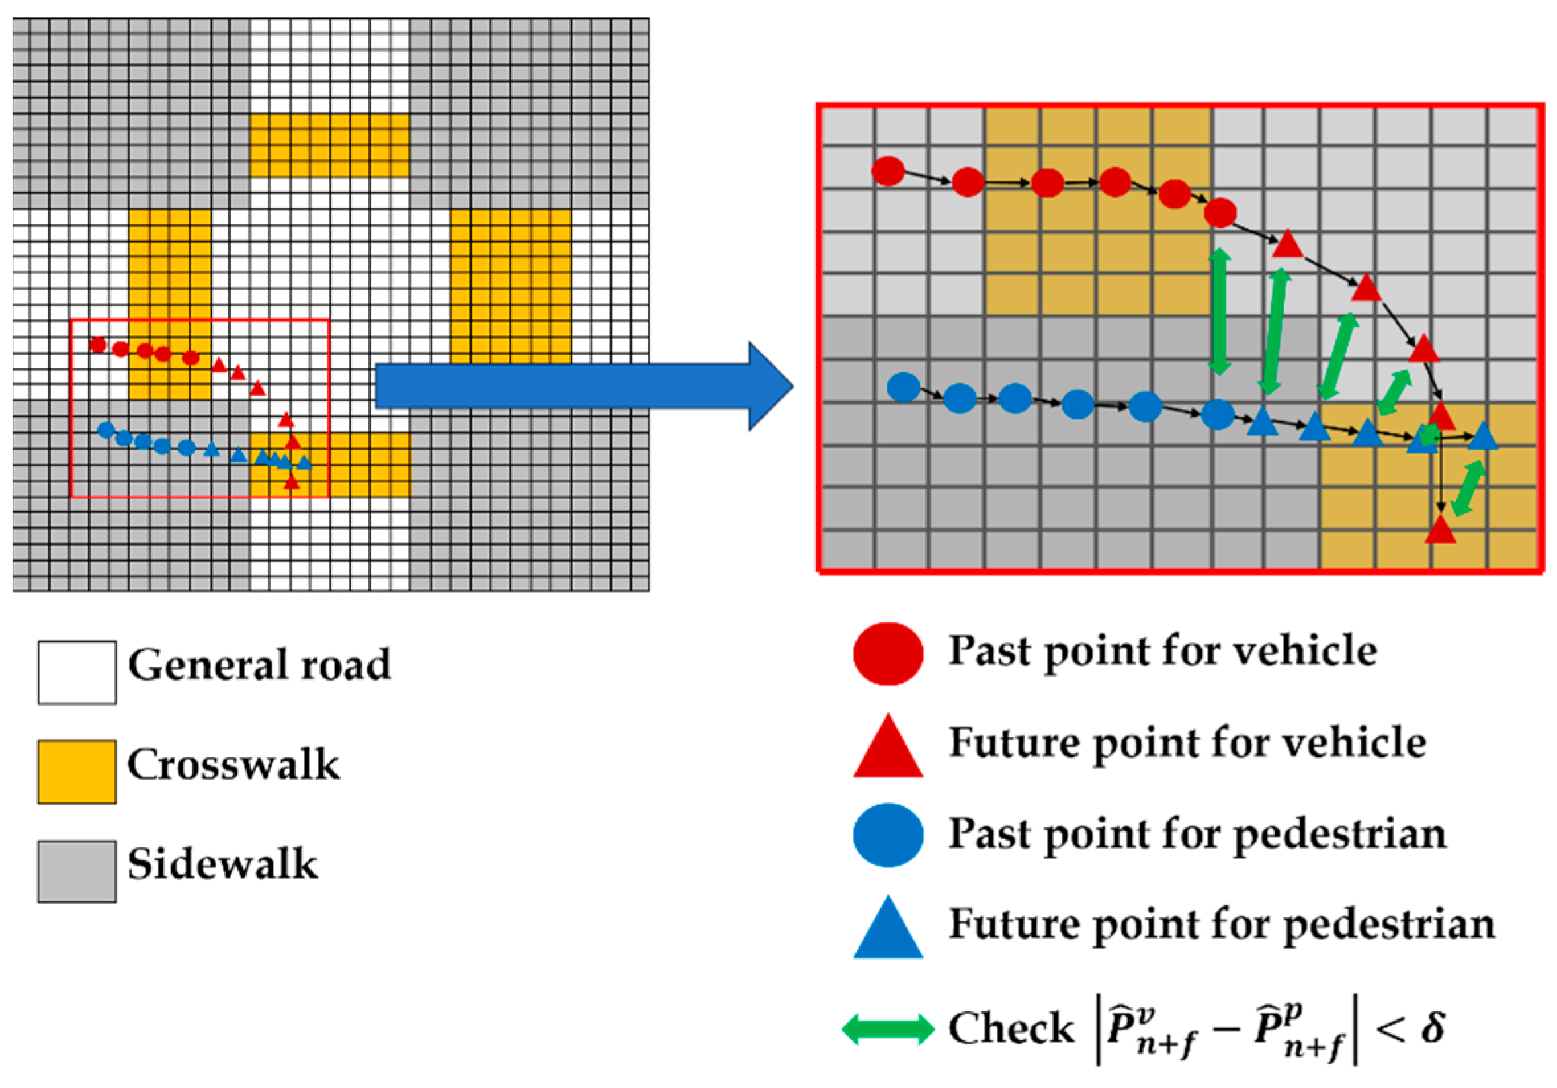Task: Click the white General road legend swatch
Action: [77, 672]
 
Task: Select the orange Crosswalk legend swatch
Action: [77, 771]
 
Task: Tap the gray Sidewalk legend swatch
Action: [77, 871]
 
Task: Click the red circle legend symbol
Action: [888, 653]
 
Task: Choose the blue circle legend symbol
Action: [888, 835]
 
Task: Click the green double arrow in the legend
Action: [888, 1029]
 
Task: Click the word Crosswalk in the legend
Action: [233, 765]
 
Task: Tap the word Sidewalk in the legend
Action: [222, 864]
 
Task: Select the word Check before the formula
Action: [1011, 1028]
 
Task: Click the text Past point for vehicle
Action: [1162, 651]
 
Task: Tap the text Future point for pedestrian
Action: [1221, 925]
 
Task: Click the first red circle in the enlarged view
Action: [888, 170]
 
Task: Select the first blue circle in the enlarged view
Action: [904, 388]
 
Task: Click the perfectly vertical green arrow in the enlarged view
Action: [1220, 312]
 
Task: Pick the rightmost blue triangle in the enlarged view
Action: [1482, 437]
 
